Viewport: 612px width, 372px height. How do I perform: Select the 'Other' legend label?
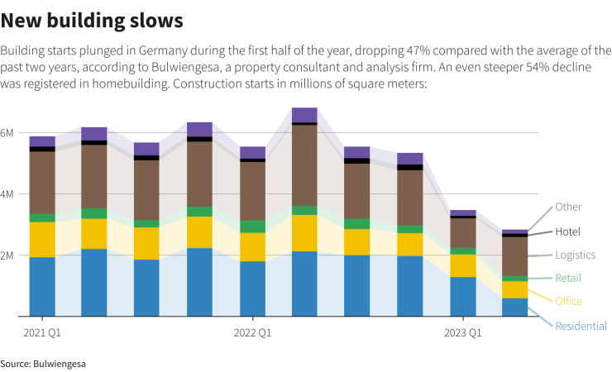pos(568,207)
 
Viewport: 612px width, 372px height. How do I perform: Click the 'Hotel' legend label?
pos(568,232)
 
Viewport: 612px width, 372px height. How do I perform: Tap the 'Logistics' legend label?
pos(575,255)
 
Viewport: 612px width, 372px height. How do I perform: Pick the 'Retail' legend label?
pos(567,279)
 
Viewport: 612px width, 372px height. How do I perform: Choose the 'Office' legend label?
pos(568,301)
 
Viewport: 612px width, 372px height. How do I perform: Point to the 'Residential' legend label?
pos(581,326)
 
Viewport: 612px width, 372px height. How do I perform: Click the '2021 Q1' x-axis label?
pos(41,333)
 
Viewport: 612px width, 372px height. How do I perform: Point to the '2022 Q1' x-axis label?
pos(252,333)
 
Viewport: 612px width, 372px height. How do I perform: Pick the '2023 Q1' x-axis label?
pos(462,333)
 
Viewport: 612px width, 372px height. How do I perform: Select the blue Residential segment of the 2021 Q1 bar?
pos(42,286)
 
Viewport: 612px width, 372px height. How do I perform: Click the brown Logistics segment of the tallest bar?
pos(305,165)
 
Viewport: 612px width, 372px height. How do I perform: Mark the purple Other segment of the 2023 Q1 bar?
pos(463,213)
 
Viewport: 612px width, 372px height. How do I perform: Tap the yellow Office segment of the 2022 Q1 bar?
pos(252,246)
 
